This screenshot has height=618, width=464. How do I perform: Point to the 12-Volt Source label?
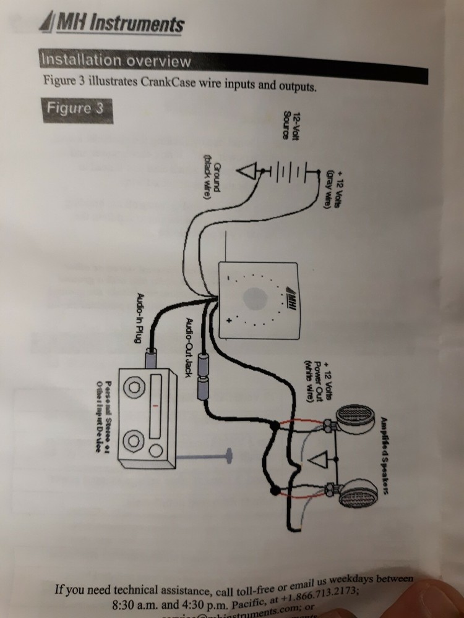pos(291,127)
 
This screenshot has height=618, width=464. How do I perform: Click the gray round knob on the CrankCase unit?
pos(256,300)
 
